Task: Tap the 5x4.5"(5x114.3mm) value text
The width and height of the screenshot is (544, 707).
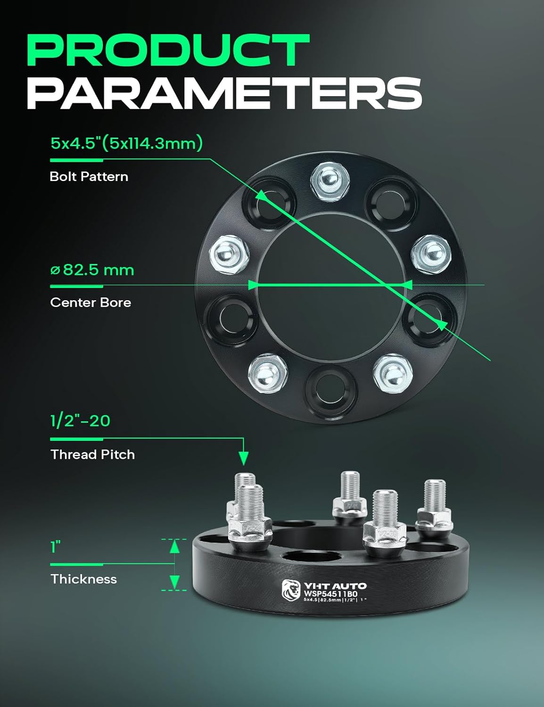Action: click(126, 143)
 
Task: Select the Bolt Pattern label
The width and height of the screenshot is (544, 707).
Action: click(89, 177)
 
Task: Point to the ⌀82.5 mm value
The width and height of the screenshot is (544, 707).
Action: click(92, 270)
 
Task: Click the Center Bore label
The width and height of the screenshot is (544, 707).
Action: click(91, 303)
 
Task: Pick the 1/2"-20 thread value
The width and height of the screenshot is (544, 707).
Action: click(80, 420)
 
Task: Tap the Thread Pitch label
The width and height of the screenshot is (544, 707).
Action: click(92, 455)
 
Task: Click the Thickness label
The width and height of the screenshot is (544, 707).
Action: click(83, 579)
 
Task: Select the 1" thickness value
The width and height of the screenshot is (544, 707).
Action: click(56, 547)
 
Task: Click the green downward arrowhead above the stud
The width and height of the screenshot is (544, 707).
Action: click(243, 458)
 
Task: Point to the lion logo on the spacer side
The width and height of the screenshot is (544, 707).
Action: click(291, 590)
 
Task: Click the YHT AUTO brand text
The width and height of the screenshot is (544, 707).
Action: click(335, 586)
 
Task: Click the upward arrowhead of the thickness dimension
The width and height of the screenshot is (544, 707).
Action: click(175, 547)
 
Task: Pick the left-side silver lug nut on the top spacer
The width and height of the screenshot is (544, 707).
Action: click(230, 251)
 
